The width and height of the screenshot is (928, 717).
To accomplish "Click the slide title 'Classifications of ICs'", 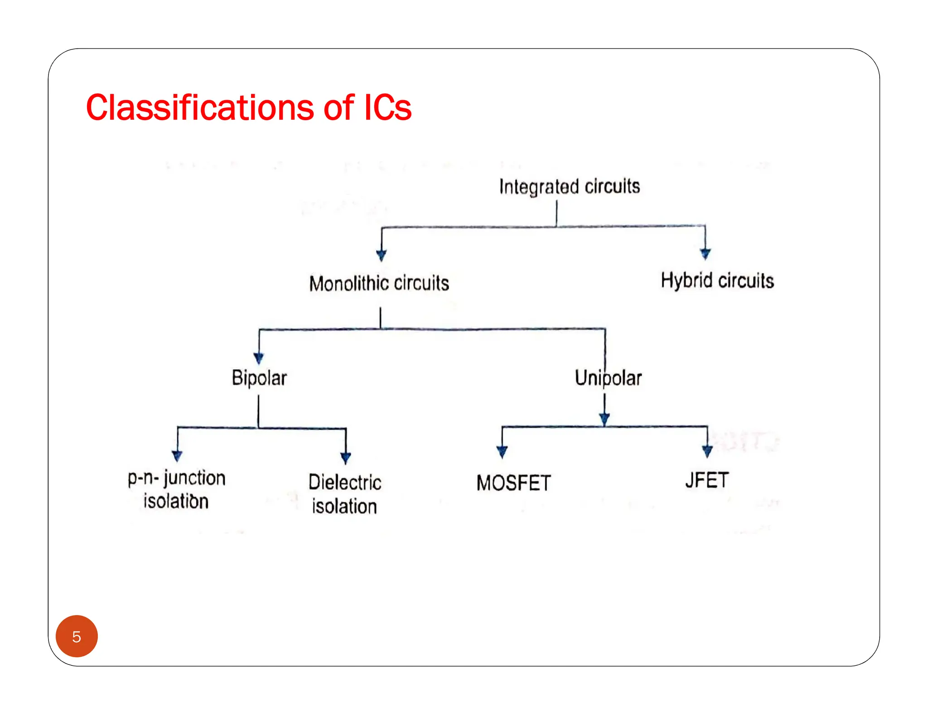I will [248, 108].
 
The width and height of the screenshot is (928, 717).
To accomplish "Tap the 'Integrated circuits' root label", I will [569, 186].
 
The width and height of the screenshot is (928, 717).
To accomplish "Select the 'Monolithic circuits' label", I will [379, 283].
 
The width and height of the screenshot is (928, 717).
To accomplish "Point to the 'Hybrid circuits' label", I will [717, 281].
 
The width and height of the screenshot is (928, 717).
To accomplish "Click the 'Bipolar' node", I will [259, 378].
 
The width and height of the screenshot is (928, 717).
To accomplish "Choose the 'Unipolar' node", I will [608, 378].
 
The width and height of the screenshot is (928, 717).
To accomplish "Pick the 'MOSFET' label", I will [513, 483].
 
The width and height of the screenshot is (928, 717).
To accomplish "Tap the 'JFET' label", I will [707, 480].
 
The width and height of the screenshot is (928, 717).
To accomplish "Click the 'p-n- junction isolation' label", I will [176, 489].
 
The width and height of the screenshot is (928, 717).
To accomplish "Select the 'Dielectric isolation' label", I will [345, 494].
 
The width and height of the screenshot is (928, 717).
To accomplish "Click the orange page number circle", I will [77, 636].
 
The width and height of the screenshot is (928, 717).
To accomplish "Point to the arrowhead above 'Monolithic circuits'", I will [382, 255].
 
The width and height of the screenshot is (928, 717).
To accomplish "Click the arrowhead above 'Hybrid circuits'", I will [705, 254].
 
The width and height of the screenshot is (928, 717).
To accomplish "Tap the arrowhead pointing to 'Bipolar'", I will [259, 358].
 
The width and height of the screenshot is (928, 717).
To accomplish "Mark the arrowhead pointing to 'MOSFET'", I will [502, 451].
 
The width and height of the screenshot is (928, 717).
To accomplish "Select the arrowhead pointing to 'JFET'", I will [707, 451].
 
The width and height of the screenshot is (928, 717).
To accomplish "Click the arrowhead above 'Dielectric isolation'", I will [346, 458].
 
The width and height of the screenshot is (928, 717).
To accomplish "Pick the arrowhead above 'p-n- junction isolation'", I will [177, 455].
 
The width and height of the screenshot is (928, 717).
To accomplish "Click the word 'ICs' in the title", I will [388, 108].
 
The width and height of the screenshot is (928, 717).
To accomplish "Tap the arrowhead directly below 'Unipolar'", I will [604, 419].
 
